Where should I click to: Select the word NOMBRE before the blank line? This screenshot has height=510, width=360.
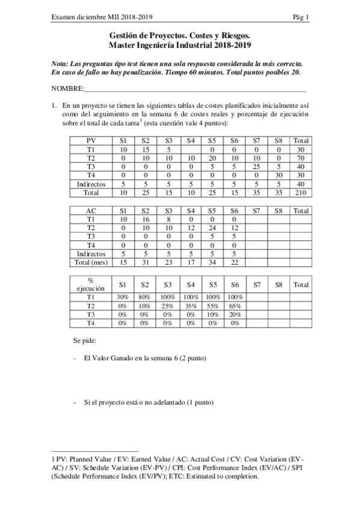(x=68, y=88)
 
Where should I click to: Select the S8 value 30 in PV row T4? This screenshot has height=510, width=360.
(x=278, y=175)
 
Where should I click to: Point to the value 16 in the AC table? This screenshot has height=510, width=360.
(x=145, y=220)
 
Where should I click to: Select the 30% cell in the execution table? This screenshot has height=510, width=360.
(x=123, y=296)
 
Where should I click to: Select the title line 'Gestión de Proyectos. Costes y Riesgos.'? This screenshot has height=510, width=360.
(x=180, y=36)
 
